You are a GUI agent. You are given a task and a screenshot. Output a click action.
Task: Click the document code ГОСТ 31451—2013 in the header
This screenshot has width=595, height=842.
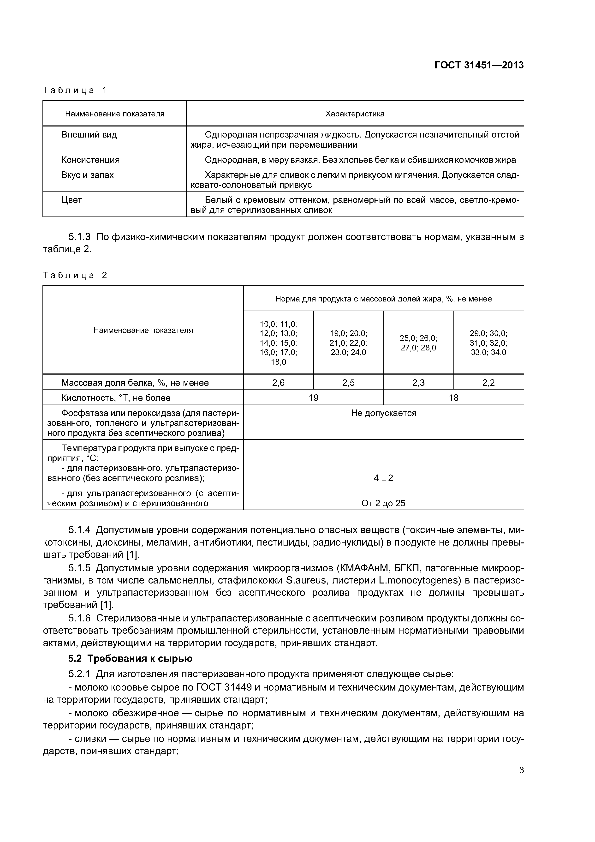click(479, 65)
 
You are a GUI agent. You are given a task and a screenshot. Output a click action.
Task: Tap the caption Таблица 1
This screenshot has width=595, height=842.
click(74, 90)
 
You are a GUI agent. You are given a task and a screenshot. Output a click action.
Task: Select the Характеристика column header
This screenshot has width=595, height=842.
click(355, 114)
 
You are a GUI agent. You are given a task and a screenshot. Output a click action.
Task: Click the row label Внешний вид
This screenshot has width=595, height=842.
click(89, 135)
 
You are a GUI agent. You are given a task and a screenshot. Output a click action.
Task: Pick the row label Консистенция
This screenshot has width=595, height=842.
click(90, 160)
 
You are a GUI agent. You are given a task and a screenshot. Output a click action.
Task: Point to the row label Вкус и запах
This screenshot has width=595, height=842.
click(87, 175)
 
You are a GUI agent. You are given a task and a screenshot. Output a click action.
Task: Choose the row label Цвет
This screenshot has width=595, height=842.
click(71, 200)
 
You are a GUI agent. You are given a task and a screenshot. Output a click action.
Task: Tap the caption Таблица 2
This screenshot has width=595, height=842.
click(74, 275)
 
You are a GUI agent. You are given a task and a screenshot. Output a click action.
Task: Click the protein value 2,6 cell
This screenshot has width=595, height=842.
click(278, 383)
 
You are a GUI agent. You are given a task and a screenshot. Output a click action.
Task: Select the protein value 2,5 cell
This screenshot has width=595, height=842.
click(348, 383)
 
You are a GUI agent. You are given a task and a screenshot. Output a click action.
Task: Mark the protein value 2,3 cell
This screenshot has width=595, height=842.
click(418, 383)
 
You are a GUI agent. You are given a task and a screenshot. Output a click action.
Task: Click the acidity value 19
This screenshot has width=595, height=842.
click(313, 398)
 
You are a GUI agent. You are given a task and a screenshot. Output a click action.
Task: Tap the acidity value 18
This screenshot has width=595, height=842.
click(453, 398)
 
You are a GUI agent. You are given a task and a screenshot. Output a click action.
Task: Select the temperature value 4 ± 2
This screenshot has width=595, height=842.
click(383, 478)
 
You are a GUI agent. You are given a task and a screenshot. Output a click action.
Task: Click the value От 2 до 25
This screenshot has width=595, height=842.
click(383, 503)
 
